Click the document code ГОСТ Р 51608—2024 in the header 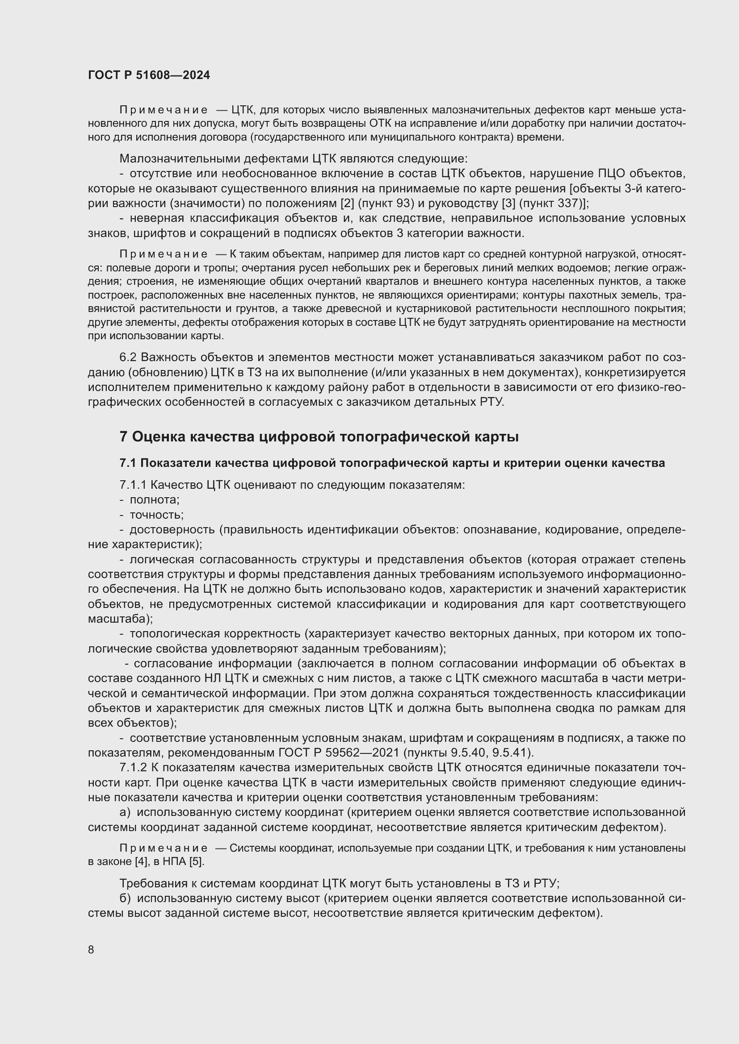point(149,75)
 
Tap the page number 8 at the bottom point(91,949)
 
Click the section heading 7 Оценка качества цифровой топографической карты point(319,437)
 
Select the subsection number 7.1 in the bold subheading point(128,463)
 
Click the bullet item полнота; point(155,500)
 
